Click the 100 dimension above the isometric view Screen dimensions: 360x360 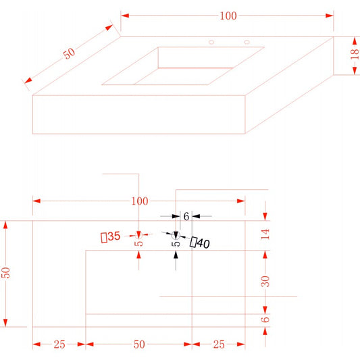pos(228,16)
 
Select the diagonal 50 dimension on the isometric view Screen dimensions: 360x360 pos(69,53)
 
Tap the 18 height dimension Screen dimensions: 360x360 pos(355,53)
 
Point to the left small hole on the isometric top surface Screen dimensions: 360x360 pos(211,42)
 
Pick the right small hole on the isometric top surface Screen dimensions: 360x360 pos(247,42)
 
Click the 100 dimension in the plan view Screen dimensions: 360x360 pos(140,201)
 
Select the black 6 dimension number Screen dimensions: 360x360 pos(186,216)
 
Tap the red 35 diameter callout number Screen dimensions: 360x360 pos(114,236)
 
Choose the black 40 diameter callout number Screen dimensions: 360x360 pos(203,243)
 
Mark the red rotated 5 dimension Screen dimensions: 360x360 pos(138,243)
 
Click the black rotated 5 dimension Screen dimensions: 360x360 pos(176,244)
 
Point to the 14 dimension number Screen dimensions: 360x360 pos(265,234)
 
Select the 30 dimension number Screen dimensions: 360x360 pos(265,281)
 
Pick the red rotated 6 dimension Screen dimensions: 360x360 pos(265,319)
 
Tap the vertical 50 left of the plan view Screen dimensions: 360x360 pos(5,273)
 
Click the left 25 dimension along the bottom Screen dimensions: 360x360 pos(59,344)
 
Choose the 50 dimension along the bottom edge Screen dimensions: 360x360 pos(139,344)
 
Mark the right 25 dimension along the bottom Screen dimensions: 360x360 pos(219,344)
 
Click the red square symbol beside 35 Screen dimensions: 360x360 pos(104,238)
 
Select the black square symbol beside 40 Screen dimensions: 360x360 pos(193,242)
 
